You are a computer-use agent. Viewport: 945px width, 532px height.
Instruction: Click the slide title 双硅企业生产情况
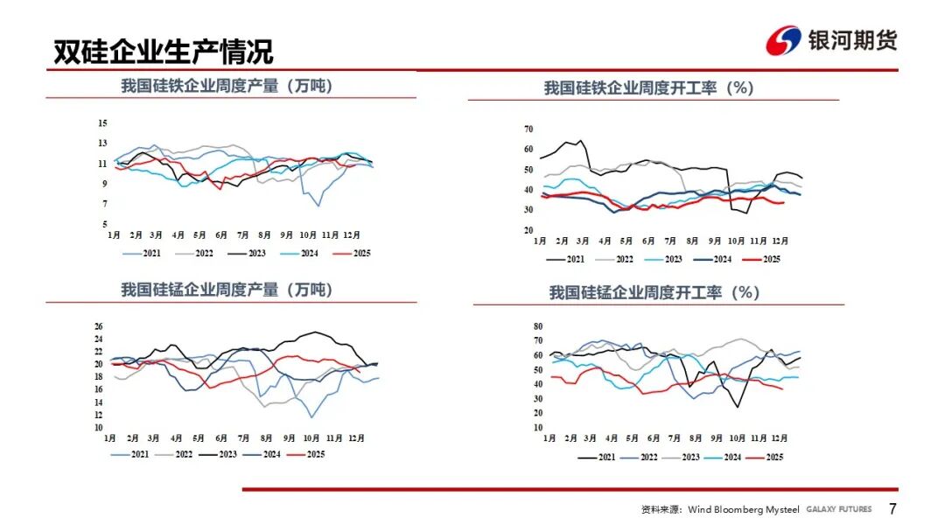pyautogui.click(x=163, y=52)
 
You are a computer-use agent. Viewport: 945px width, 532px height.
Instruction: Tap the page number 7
pyautogui.click(x=892, y=509)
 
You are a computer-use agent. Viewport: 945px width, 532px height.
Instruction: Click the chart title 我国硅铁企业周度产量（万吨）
pyautogui.click(x=227, y=86)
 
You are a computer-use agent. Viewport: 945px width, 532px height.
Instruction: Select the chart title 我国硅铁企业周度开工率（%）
pyautogui.click(x=648, y=88)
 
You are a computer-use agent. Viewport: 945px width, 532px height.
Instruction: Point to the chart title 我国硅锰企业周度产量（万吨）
pyautogui.click(x=227, y=290)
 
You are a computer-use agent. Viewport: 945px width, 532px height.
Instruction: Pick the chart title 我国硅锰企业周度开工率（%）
pyautogui.click(x=654, y=293)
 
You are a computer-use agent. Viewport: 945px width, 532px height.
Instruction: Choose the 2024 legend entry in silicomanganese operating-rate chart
pyautogui.click(x=727, y=457)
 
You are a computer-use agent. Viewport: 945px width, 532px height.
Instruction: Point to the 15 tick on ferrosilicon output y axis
pyautogui.click(x=102, y=122)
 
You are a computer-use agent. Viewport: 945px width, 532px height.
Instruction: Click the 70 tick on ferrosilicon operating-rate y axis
pyautogui.click(x=528, y=129)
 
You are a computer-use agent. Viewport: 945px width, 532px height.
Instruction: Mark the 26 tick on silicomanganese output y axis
pyautogui.click(x=99, y=326)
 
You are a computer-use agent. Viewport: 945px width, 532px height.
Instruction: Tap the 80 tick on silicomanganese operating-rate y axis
pyautogui.click(x=538, y=326)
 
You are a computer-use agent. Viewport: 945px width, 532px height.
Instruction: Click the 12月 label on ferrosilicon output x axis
pyautogui.click(x=351, y=235)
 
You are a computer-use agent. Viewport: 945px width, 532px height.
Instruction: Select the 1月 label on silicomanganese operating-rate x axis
pyautogui.click(x=549, y=438)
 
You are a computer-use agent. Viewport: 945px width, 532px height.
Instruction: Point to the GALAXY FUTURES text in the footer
pyautogui.click(x=839, y=509)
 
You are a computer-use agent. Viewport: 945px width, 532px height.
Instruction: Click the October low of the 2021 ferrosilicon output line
pyautogui.click(x=317, y=206)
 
